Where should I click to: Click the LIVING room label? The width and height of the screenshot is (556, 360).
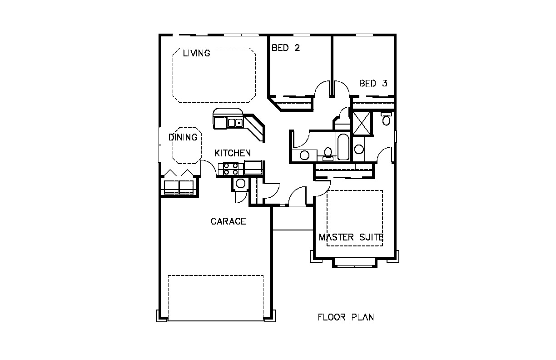pos(197,53)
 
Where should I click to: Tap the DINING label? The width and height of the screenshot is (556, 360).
pos(183,137)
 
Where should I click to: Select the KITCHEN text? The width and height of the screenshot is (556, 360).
pos(233,153)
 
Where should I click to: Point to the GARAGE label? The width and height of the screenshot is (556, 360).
pos(228,221)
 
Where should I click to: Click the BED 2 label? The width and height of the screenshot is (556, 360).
pos(286,48)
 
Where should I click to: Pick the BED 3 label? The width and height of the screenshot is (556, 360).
pos(373,83)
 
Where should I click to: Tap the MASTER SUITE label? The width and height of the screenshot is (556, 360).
pos(351,237)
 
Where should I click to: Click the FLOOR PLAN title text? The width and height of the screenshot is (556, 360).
pos(346,317)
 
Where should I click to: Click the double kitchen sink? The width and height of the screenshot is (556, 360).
pos(235,122)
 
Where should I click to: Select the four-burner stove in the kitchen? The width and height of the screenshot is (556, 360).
pos(231,169)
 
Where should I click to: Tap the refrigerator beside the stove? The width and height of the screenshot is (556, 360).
pos(253,167)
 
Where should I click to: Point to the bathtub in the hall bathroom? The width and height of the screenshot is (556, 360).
pos(343,147)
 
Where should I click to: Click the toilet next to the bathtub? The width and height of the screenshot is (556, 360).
pos(328,154)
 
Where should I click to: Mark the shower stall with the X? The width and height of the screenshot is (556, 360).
pos(362,124)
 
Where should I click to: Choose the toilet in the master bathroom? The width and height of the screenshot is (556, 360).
pos(386,119)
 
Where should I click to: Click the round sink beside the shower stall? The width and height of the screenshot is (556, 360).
pos(359,149)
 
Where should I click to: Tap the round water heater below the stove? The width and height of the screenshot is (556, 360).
pos(240,184)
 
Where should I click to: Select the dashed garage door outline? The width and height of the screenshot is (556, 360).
pos(216,298)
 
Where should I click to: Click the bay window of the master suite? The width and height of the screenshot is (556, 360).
pos(355,263)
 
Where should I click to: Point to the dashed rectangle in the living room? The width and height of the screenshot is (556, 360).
pos(214,75)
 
